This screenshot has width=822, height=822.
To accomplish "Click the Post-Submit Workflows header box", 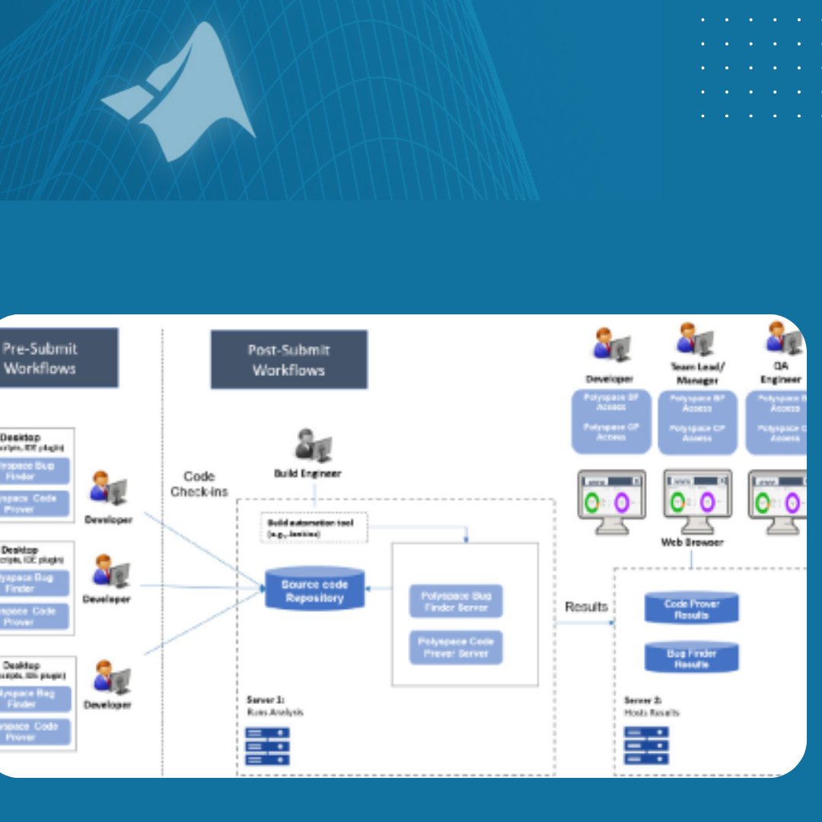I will (288, 360).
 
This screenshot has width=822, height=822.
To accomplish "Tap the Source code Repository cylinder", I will (314, 590).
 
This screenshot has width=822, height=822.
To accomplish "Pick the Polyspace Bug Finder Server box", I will (456, 601).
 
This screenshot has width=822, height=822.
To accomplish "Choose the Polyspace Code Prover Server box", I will (456, 647).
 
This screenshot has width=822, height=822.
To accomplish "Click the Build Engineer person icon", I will (313, 446).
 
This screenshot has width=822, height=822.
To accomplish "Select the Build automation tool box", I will (314, 527).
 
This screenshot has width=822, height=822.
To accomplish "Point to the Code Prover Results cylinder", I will (691, 608).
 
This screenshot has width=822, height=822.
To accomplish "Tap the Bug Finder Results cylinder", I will (691, 658).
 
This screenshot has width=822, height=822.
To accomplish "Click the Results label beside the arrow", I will (586, 607).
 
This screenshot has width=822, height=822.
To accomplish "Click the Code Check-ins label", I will (199, 484).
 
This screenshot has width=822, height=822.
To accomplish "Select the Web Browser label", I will (692, 543).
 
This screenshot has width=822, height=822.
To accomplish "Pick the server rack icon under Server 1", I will (267, 746).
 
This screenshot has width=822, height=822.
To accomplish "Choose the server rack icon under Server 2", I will (646, 746).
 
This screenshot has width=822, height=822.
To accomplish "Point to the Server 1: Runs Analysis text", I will (275, 706).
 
